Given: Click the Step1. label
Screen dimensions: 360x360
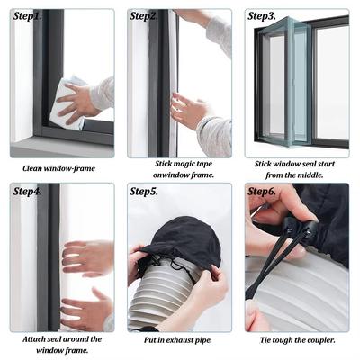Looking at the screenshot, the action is pyautogui.click(x=27, y=16).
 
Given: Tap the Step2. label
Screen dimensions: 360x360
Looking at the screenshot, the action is pyautogui.click(x=144, y=16).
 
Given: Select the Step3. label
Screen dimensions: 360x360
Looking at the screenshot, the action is pyautogui.click(x=262, y=16).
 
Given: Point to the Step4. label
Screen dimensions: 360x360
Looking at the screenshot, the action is pyautogui.click(x=27, y=191).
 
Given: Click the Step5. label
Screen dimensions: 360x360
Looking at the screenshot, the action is pyautogui.click(x=144, y=191).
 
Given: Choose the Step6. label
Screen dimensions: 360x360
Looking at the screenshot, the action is pyautogui.click(x=262, y=191).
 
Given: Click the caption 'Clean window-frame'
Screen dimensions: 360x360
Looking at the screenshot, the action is pyautogui.click(x=58, y=168).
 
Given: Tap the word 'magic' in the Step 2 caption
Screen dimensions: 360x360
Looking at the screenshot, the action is pyautogui.click(x=184, y=164).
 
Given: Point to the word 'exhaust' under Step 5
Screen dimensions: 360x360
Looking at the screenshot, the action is pyautogui.click(x=180, y=340).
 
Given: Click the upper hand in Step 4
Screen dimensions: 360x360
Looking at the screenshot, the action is pyautogui.click(x=87, y=257).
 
